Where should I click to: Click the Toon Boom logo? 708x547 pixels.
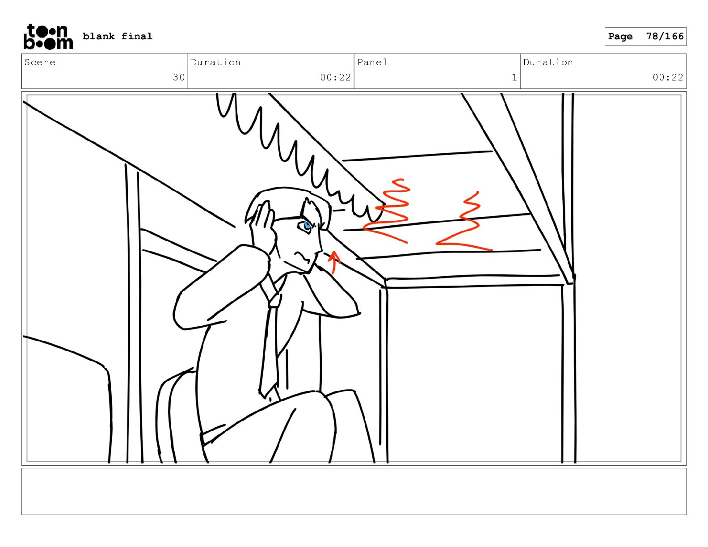click(48, 37)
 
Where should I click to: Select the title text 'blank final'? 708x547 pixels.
click(117, 36)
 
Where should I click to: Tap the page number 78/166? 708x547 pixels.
click(665, 36)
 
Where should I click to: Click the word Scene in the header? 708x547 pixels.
click(40, 62)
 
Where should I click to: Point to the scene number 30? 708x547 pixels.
click(178, 77)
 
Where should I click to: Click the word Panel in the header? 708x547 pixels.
click(372, 62)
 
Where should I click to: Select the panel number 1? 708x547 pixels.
click(514, 77)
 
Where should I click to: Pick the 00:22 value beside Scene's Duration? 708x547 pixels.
click(335, 77)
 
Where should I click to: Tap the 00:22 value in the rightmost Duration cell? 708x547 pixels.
click(668, 77)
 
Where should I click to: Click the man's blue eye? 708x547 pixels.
click(306, 225)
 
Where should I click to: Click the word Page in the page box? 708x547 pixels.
click(620, 36)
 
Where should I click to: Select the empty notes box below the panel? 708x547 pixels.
click(354, 492)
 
